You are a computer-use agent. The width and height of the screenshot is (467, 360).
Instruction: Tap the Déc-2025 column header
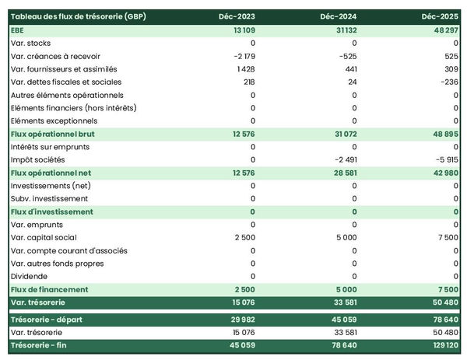(440, 16)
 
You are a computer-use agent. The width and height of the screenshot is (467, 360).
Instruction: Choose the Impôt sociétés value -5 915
(444, 159)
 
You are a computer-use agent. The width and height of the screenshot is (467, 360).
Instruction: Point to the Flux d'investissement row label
(52, 211)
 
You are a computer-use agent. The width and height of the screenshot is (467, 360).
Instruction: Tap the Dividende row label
(30, 276)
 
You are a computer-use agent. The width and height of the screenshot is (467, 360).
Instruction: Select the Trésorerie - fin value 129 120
(441, 345)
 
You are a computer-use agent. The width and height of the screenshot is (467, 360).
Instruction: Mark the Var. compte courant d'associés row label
(69, 250)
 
